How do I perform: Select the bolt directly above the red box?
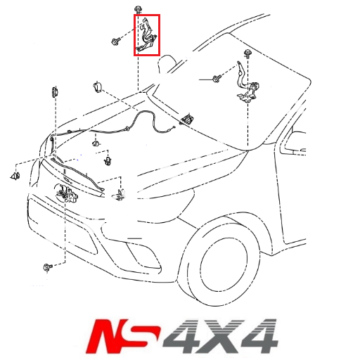[x=138, y=9]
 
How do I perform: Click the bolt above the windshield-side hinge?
[x=248, y=53]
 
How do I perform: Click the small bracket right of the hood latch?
[x=120, y=193]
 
